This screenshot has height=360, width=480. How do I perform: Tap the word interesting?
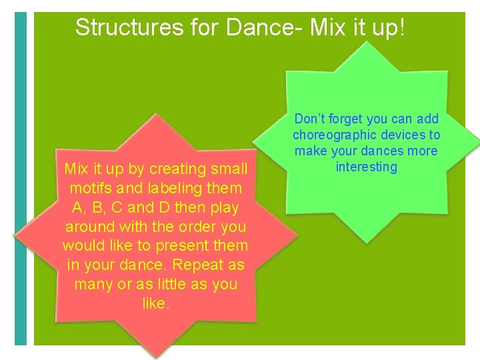point(366,167)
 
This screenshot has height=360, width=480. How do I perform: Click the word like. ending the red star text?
point(156,304)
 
